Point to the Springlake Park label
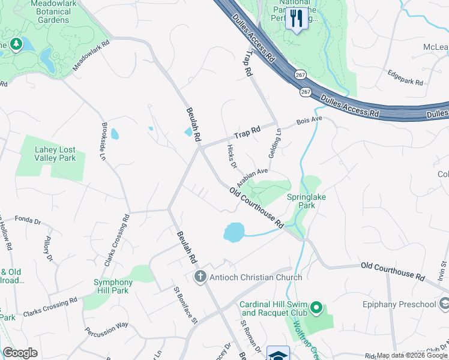pyautogui.click(x=310, y=200)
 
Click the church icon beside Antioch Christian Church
pyautogui.click(x=200, y=277)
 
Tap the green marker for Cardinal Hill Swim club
pyautogui.click(x=316, y=310)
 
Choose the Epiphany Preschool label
pyautogui.click(x=399, y=304)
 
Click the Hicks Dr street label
pyautogui.click(x=232, y=157)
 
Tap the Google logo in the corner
pyautogui.click(x=20, y=353)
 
